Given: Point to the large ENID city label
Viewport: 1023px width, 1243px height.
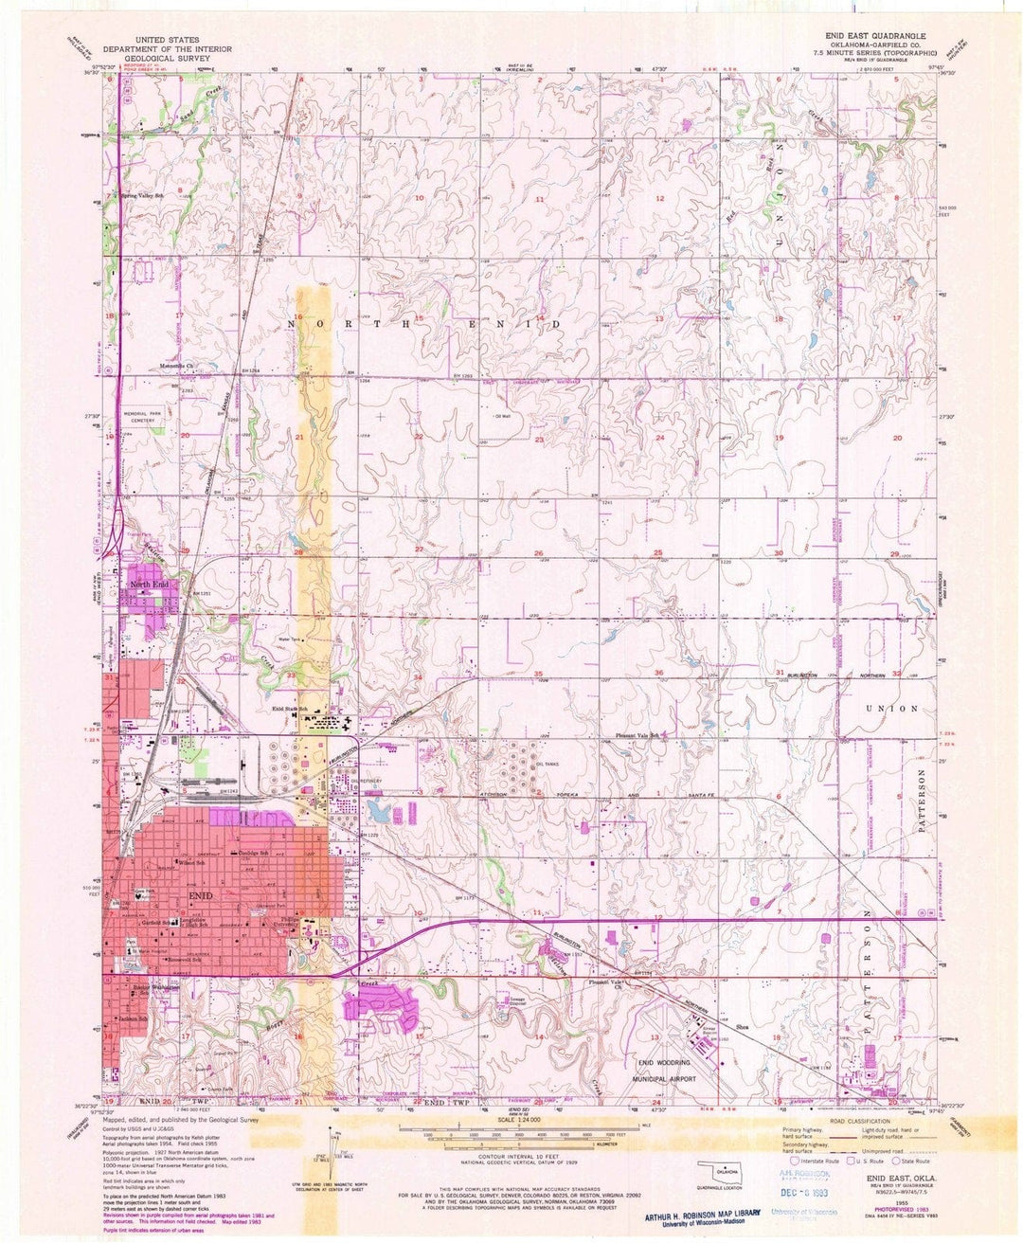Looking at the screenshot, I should click(x=203, y=895).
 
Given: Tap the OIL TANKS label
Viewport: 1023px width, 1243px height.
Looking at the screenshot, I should click(x=548, y=764).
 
